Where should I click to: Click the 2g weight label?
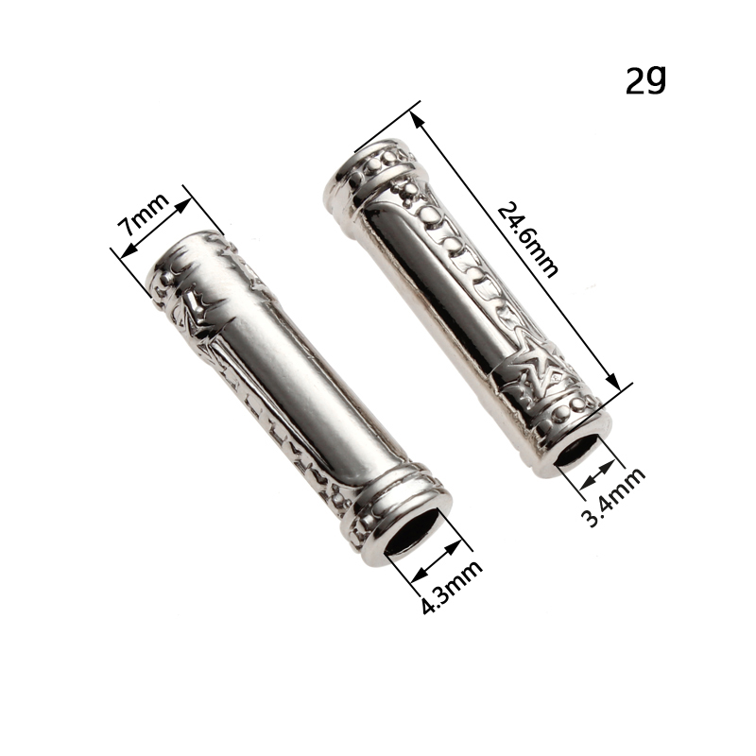(645, 80)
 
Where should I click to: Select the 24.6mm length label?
(527, 240)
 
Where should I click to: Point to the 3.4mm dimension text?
(613, 497)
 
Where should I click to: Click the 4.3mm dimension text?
(452, 586)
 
